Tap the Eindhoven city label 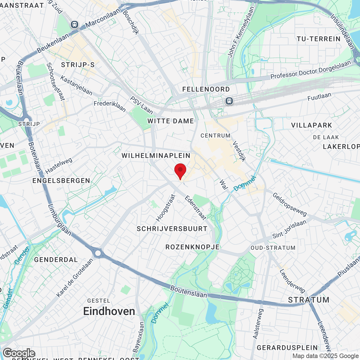pos(109,311)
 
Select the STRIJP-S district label pos(78,65)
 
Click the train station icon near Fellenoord pos(229,101)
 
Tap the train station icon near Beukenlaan pos(75,24)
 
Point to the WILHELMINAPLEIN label pos(156,156)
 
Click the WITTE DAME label pos(171,121)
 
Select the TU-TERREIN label pos(319,39)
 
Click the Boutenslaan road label pos(188,292)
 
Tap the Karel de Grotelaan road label pos(75,278)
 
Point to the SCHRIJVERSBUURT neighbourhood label pos(172,229)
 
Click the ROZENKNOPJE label pos(192,247)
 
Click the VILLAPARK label pos(312,125)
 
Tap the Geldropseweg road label pos(289,204)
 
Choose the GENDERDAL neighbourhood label pos(56,260)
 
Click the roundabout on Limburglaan pos(98,253)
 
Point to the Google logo pos(19,353)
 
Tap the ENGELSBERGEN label pos(61,181)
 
